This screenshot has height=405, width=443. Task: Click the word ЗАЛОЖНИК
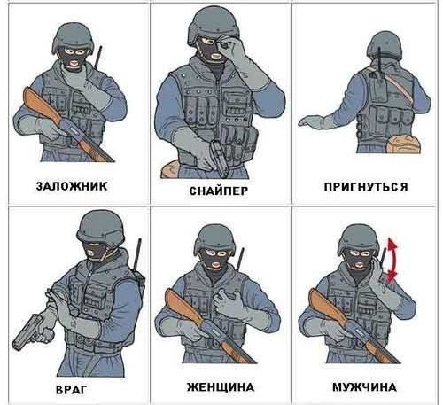[72, 186]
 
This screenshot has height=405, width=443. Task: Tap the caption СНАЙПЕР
[219, 191]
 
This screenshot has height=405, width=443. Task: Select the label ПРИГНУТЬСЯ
[366, 187]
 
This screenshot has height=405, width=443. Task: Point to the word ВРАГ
[72, 390]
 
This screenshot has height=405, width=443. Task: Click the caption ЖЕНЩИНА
[221, 386]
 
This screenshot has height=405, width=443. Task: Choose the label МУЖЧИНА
[364, 386]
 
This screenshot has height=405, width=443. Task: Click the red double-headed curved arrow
[392, 260]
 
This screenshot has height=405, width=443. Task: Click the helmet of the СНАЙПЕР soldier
[214, 24]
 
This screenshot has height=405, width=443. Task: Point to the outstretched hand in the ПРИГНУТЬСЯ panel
[310, 121]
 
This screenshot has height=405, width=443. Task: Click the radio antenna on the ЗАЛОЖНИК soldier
[98, 58]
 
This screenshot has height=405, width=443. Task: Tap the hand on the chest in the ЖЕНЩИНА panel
[227, 304]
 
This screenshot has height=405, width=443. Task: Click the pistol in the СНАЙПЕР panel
[219, 158]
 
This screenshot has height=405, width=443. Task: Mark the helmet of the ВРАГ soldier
[101, 227]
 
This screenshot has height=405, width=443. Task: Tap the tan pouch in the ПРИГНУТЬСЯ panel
[403, 144]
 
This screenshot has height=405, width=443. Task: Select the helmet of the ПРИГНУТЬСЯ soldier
[385, 45]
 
